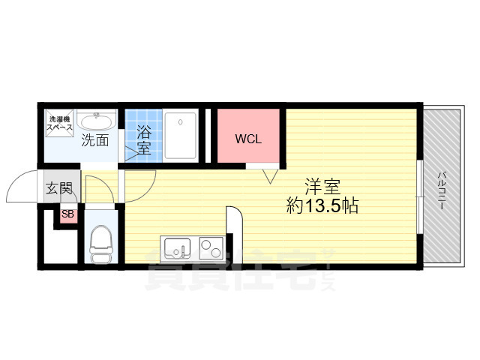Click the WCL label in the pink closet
248,139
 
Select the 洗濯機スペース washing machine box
60,124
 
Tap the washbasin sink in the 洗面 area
97,122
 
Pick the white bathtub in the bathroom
181,136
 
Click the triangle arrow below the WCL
271,177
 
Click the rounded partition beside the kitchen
233,225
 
